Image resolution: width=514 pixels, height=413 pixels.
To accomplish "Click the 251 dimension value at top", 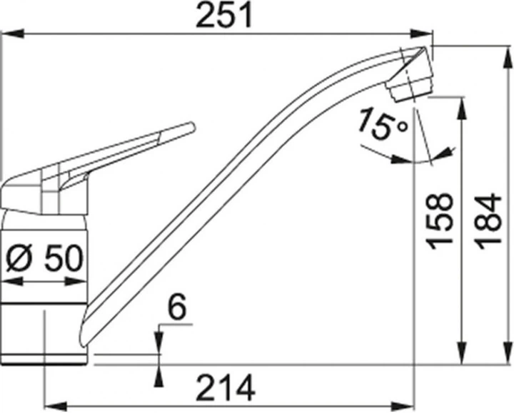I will point(225,16).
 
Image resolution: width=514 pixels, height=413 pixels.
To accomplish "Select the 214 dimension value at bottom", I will point(225,389).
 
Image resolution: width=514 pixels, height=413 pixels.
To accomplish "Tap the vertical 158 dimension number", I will point(442,220).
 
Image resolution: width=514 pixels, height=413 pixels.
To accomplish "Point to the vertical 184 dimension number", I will point(489,220).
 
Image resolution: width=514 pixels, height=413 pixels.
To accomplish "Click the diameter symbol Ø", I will point(19,258).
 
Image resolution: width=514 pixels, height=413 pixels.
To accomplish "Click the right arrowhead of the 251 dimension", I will point(425,33).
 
